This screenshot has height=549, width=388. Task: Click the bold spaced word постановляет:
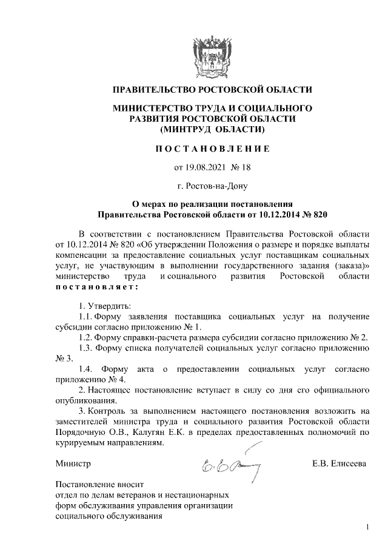pos(96,286)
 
